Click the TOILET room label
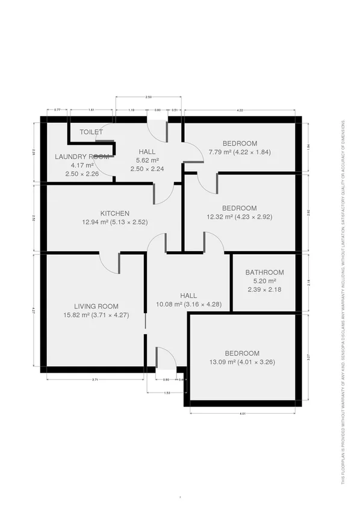pyautogui.click(x=91, y=132)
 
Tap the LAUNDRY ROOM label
pyautogui.click(x=82, y=157)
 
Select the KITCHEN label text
pyautogui.click(x=115, y=213)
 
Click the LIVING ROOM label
pyautogui.click(x=96, y=306)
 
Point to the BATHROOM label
pyautogui.click(x=264, y=272)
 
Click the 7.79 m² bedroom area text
pyautogui.click(x=240, y=152)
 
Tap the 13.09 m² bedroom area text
pyautogui.click(x=242, y=362)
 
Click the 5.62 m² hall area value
pyautogui.click(x=147, y=160)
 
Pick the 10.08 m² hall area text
pyautogui.click(x=188, y=304)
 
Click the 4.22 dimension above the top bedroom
pyautogui.click(x=240, y=110)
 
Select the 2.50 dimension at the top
pyautogui.click(x=148, y=97)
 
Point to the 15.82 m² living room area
pyautogui.click(x=96, y=315)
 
